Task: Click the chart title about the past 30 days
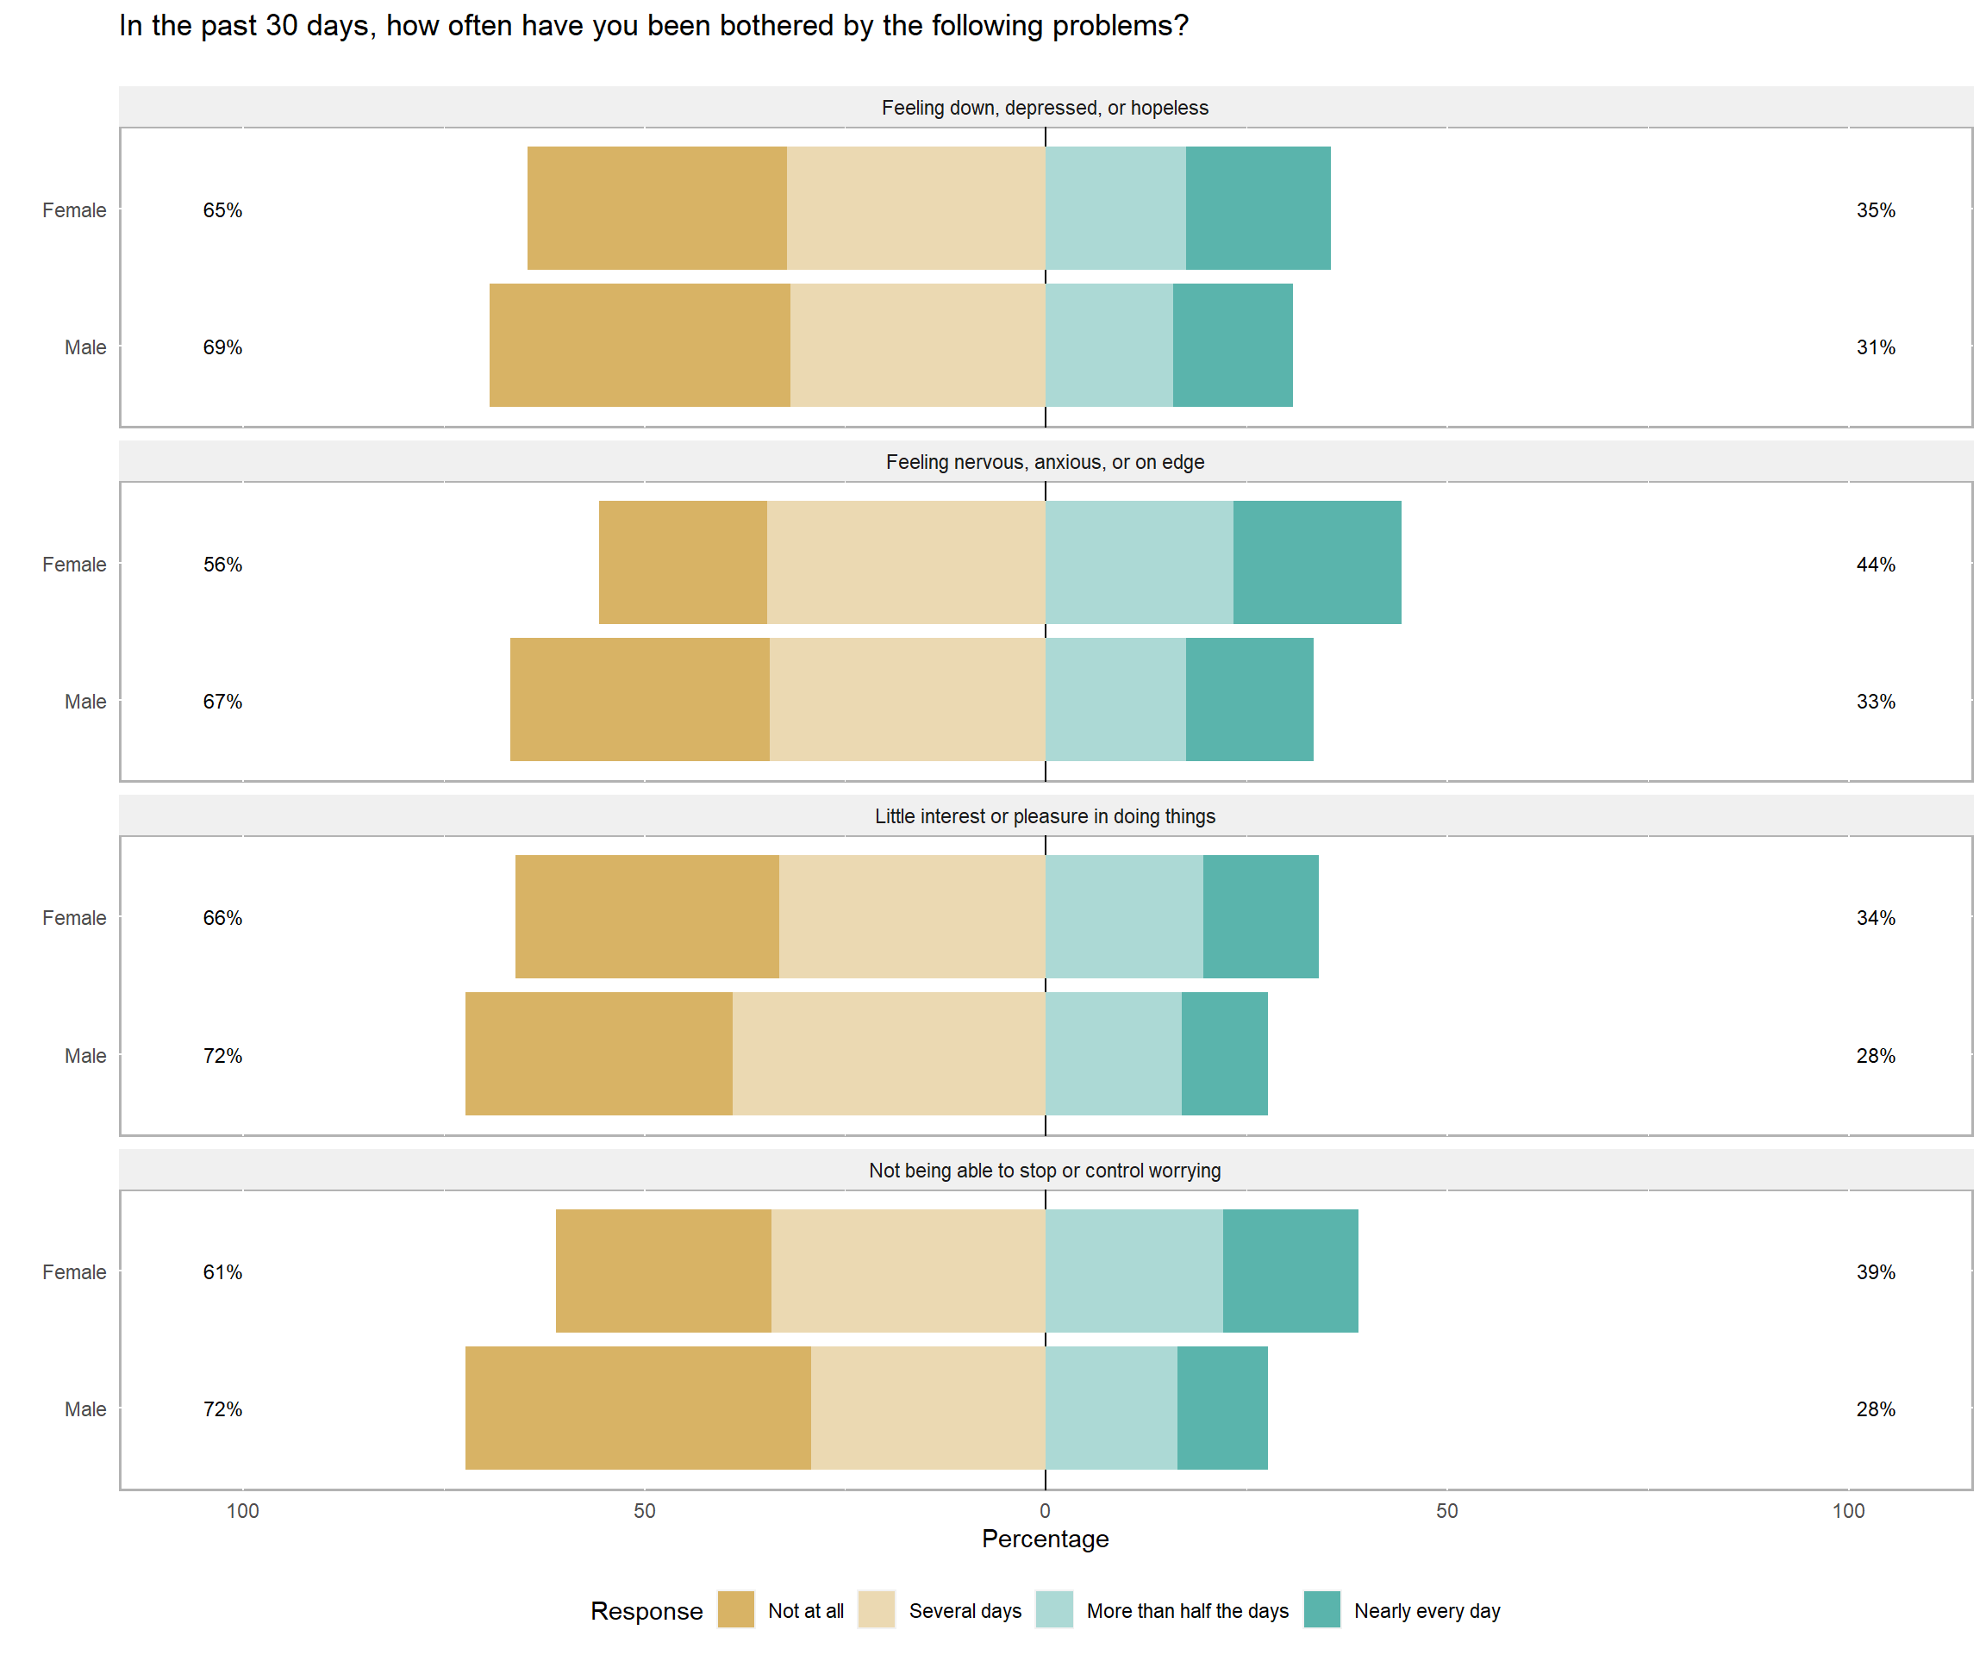click(x=653, y=26)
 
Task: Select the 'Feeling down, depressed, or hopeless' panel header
click(x=1045, y=108)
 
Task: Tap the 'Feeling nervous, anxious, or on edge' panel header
click(x=1045, y=463)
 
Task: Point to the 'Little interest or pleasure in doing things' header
click(x=1045, y=816)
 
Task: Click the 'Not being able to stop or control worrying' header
click(x=1045, y=1171)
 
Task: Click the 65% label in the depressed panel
click(x=222, y=210)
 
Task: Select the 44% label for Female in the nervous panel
click(x=1876, y=565)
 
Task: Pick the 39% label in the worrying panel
click(x=1876, y=1272)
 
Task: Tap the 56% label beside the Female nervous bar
click(x=222, y=565)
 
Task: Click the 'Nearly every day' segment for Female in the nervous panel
click(x=1316, y=563)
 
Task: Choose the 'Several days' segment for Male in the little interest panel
click(x=889, y=1053)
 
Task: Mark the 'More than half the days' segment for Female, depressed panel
click(x=1116, y=208)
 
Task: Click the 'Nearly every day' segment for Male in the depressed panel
click(x=1233, y=345)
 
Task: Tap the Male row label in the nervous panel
click(x=85, y=702)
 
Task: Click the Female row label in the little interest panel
click(x=74, y=918)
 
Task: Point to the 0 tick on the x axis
click(x=1045, y=1511)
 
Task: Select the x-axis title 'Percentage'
click(x=1045, y=1539)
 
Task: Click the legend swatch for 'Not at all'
click(x=736, y=1609)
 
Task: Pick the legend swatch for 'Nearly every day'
click(x=1321, y=1609)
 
